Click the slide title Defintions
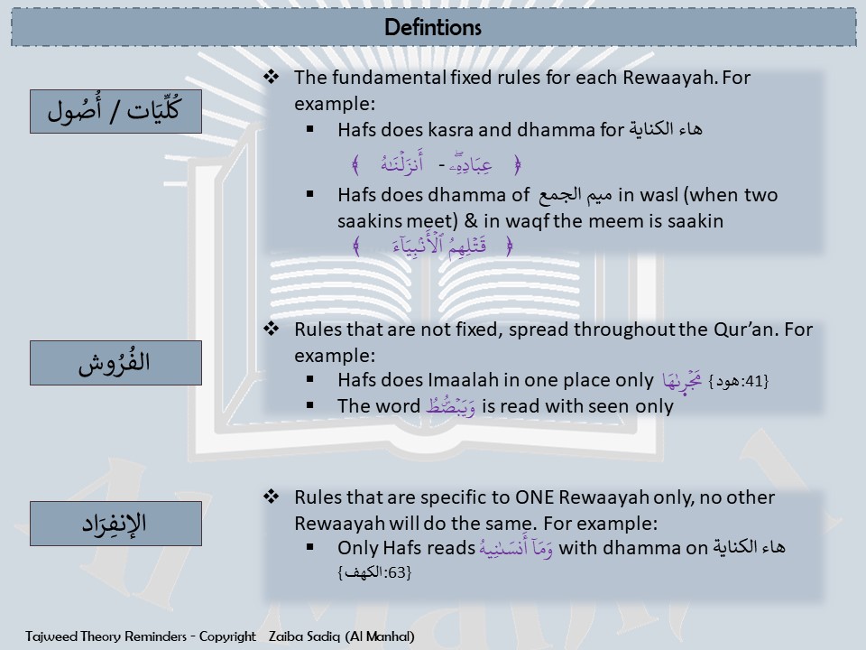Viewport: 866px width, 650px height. pyautogui.click(x=432, y=27)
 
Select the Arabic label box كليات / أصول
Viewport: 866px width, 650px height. pyautogui.click(x=116, y=111)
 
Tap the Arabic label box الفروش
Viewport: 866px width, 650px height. pyautogui.click(x=116, y=363)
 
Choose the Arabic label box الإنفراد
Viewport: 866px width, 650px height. pyautogui.click(x=116, y=524)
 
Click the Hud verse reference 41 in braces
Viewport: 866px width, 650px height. pyautogui.click(x=739, y=381)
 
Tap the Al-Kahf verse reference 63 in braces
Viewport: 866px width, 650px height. pyautogui.click(x=374, y=572)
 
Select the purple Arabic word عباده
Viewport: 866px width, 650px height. pyautogui.click(x=470, y=164)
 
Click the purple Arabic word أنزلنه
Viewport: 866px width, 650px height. pyautogui.click(x=401, y=163)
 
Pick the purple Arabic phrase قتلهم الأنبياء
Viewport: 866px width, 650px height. pyautogui.click(x=439, y=245)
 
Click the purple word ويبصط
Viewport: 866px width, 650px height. pyautogui.click(x=451, y=406)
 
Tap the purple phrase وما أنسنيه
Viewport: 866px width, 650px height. pyautogui.click(x=516, y=548)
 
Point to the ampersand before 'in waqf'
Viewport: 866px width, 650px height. pyautogui.click(x=471, y=221)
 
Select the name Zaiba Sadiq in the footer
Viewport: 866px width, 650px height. pyautogui.click(x=304, y=636)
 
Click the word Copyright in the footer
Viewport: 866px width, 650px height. pyautogui.click(x=227, y=636)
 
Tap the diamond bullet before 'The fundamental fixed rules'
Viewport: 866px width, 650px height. pyautogui.click(x=271, y=77)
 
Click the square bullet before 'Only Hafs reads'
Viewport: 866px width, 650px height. pyautogui.click(x=309, y=547)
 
